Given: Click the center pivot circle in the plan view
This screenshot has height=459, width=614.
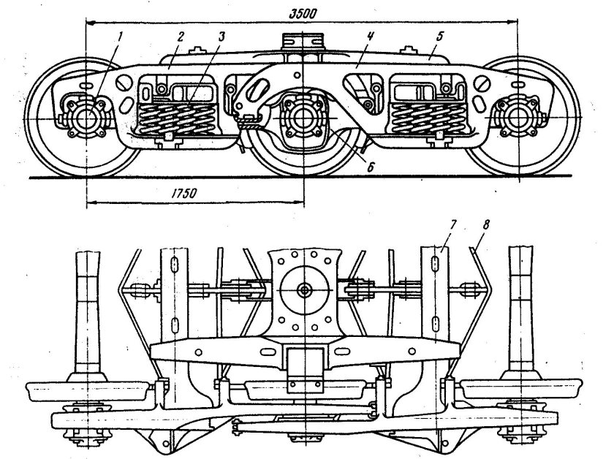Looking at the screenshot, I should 303,289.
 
